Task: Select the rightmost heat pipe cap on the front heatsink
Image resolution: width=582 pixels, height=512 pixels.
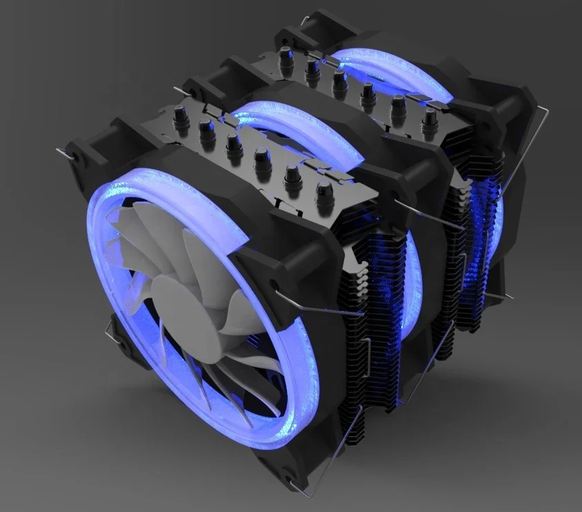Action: click(x=322, y=193)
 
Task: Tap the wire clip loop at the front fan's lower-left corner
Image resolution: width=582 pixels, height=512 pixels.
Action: click(x=110, y=335)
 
